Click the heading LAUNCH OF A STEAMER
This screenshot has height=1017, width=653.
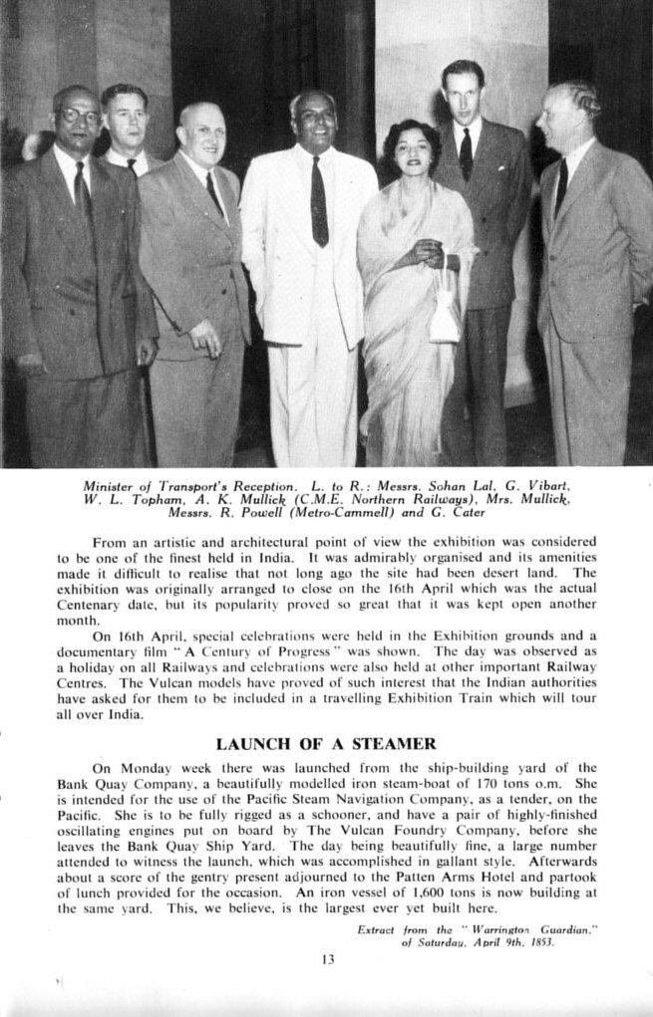(325, 743)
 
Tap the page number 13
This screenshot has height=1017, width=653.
(328, 959)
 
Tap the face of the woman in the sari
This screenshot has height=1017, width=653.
(413, 149)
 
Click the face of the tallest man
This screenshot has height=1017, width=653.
(463, 94)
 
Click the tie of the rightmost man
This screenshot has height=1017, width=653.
(561, 186)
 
